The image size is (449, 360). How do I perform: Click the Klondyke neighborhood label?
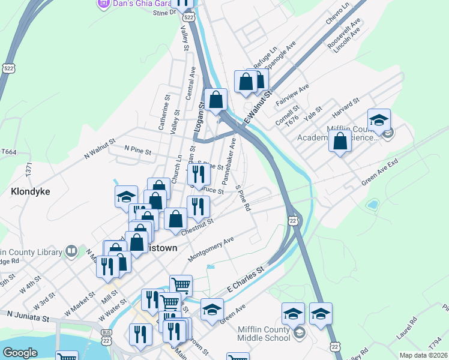[30, 192]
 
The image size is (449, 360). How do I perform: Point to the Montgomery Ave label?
[210, 249]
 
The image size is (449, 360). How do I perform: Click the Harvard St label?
[346, 107]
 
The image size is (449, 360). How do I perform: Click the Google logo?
[20, 353]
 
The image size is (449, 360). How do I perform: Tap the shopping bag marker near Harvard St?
[340, 142]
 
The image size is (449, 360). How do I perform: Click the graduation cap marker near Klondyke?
[127, 196]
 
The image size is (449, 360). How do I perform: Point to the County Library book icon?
[71, 250]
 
